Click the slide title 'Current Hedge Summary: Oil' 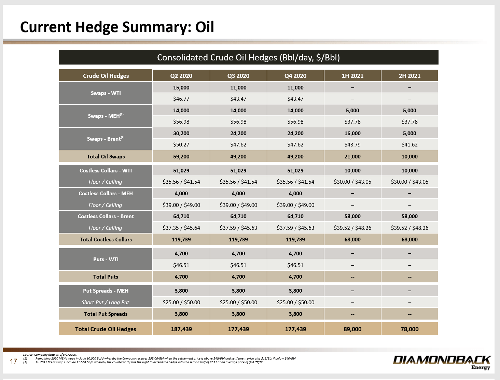(117, 27)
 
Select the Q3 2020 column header (238, 76)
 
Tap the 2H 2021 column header (409, 76)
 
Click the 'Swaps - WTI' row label (106, 93)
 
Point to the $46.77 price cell (181, 99)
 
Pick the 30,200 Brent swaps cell (181, 133)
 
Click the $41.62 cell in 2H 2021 (409, 145)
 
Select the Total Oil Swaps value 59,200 (181, 157)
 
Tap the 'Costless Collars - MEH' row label (106, 194)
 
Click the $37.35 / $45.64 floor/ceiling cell (181, 228)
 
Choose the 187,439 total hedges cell (181, 329)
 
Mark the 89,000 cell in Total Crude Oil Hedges (352, 329)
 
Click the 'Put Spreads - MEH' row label (106, 291)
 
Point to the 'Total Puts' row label (106, 277)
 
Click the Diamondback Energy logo (442, 362)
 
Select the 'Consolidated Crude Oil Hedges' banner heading (248, 57)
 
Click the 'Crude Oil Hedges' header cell (106, 76)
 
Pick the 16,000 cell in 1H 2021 (352, 133)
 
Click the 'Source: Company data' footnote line (50, 355)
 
